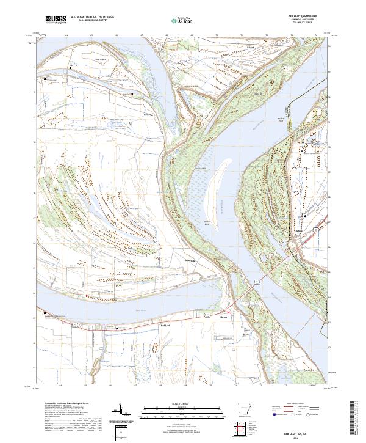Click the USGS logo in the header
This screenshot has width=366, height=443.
(56, 20)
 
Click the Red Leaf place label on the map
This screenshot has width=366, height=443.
(165, 326)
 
